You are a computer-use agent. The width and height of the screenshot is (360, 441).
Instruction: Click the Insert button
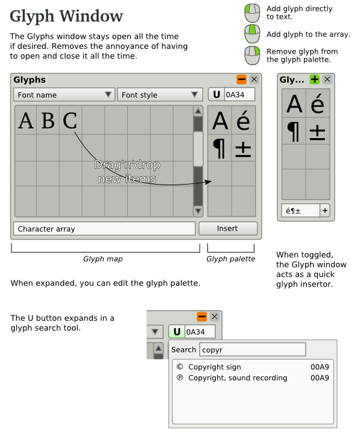click(x=227, y=229)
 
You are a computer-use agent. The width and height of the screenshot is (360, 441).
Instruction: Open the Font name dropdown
click(x=64, y=95)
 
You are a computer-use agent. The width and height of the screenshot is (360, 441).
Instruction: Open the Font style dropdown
click(x=160, y=95)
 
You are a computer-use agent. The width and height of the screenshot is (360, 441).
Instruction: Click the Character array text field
click(x=104, y=229)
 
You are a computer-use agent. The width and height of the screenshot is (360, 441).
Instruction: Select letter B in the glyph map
click(x=48, y=121)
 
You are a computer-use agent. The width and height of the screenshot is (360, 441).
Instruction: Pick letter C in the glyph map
click(x=69, y=121)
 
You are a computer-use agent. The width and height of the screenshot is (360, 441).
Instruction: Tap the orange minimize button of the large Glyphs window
click(x=241, y=80)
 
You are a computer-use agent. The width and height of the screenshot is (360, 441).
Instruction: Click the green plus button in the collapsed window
click(x=315, y=80)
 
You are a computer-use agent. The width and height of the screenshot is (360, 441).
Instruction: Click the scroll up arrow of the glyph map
click(x=198, y=111)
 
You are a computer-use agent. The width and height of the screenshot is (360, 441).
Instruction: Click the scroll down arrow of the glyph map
click(x=198, y=211)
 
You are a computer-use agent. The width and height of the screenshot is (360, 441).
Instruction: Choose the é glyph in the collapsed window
click(x=318, y=104)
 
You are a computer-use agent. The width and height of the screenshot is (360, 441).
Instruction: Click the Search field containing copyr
click(x=253, y=349)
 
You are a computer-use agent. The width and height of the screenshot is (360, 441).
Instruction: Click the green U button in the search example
click(x=177, y=332)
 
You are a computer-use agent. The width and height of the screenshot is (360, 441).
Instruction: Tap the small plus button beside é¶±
click(x=325, y=211)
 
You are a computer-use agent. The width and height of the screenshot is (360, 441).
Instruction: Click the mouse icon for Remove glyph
click(x=252, y=56)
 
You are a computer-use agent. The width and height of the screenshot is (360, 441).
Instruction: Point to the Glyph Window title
click(x=66, y=16)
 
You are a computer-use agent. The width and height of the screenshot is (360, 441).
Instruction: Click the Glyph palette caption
click(x=231, y=259)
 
